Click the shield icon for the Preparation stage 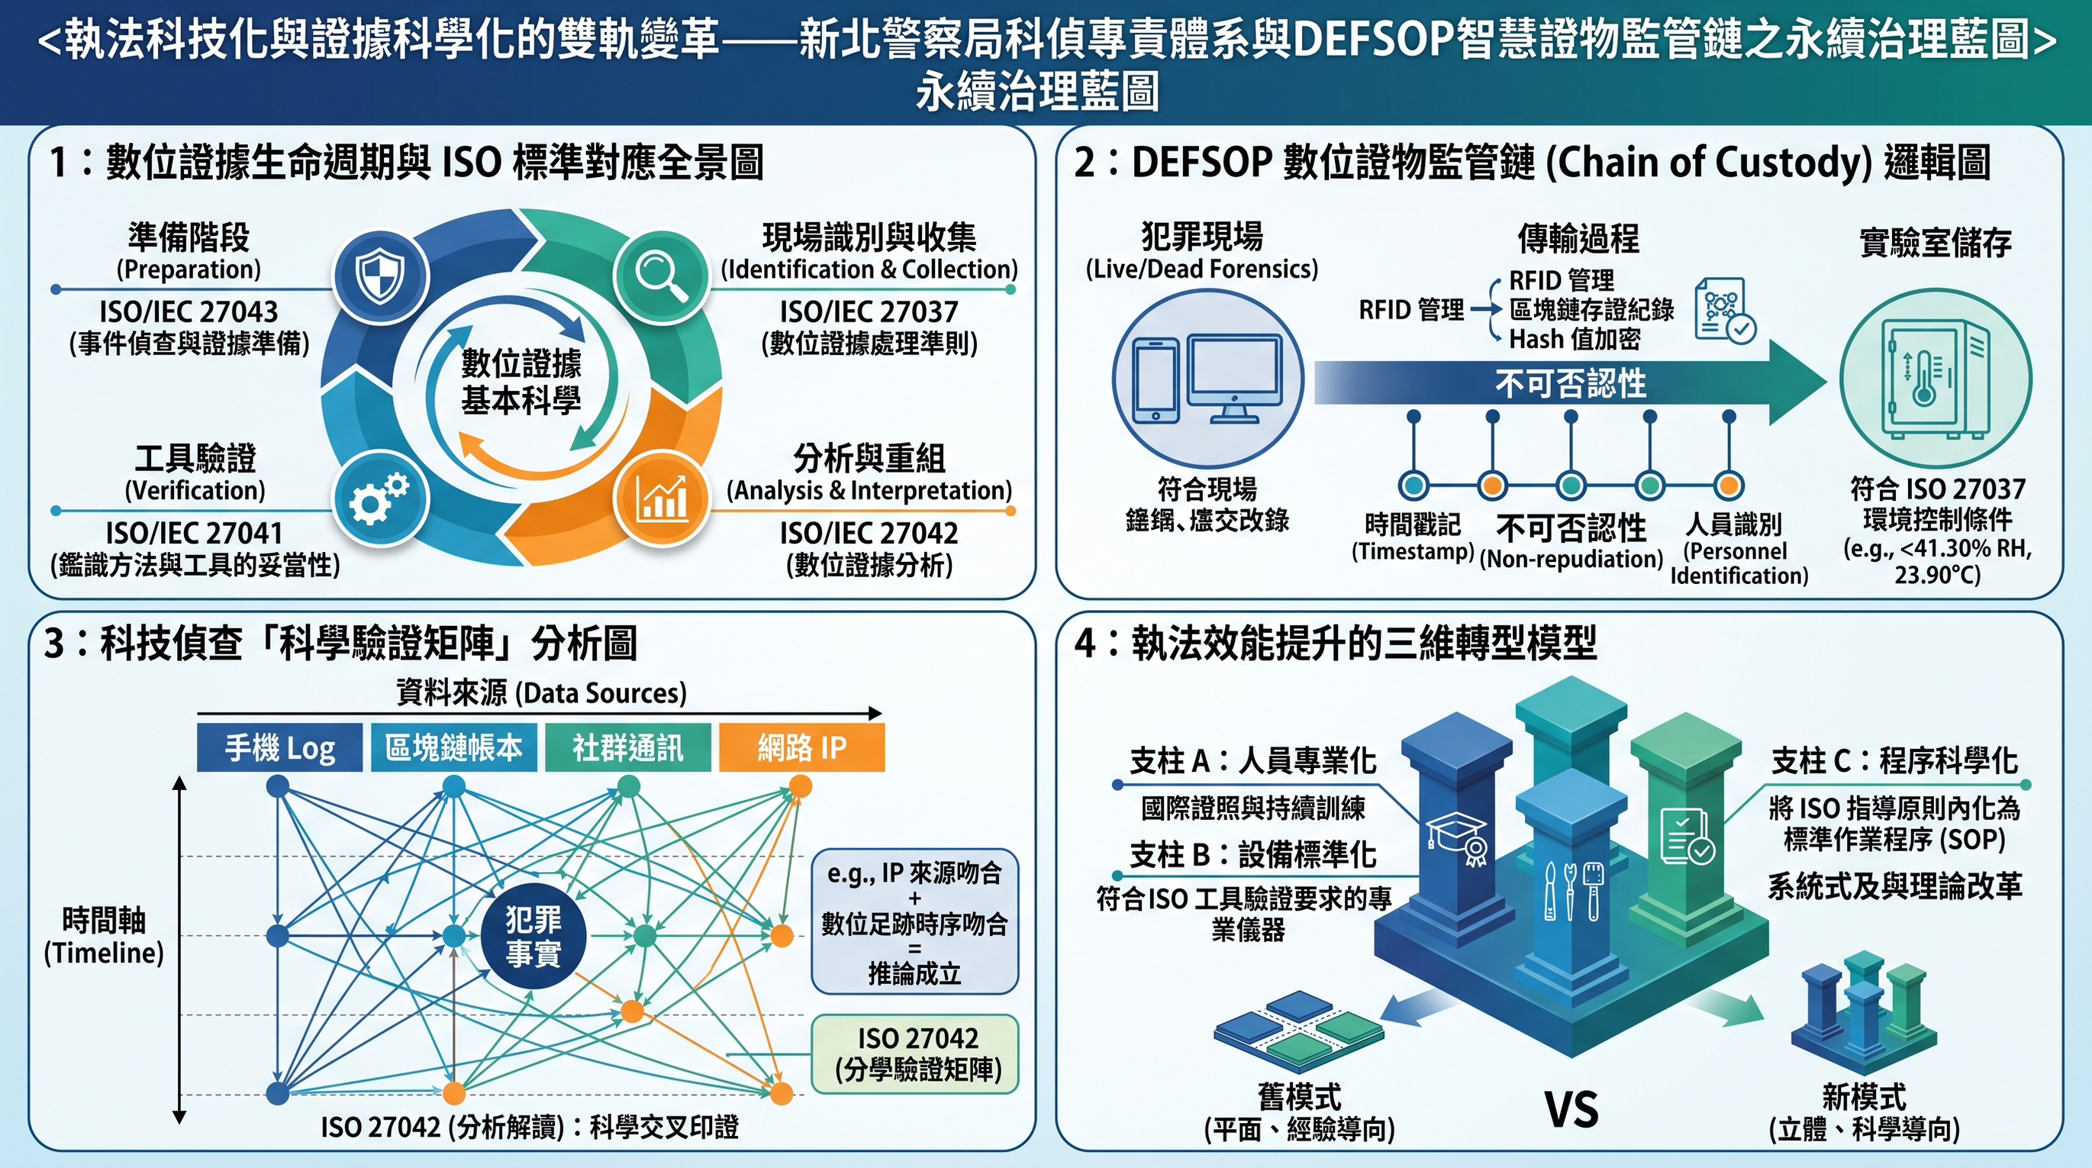[380, 276]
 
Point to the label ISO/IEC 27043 [189, 311]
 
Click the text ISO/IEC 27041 [194, 533]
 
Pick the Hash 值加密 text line [1575, 339]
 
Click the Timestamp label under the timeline [1412, 551]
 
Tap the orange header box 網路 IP [801, 747]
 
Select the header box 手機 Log [279, 747]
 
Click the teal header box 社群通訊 [628, 747]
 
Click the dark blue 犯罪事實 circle [533, 936]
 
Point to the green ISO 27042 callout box [915, 1053]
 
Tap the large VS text [1571, 1109]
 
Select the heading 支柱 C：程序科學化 [1894, 760]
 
